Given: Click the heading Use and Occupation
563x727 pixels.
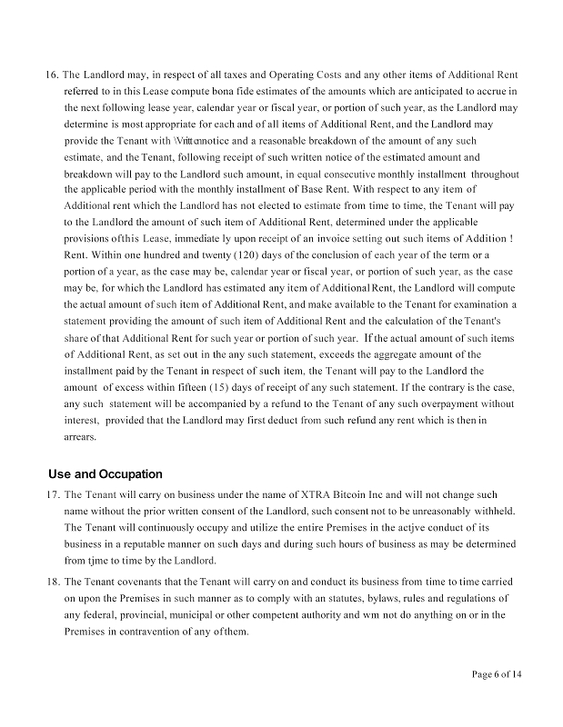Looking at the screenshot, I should pos(105,473).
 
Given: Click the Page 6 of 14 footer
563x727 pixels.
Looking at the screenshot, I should pos(497,674).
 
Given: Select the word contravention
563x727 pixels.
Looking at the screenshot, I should pos(161,631).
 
